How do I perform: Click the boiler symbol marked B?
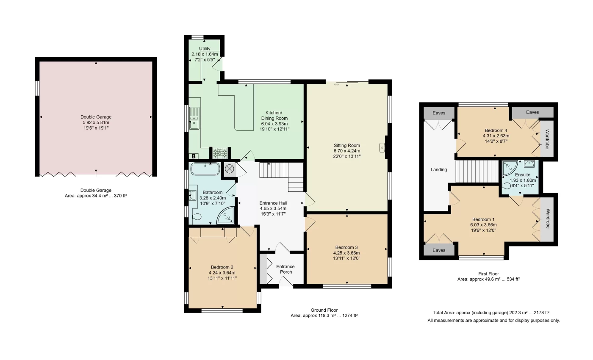194,156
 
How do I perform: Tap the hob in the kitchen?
220,153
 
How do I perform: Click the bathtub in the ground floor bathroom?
205,169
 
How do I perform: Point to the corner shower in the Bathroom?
226,215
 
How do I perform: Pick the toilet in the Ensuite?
506,186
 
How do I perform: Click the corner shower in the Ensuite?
509,168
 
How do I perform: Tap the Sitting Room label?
347,145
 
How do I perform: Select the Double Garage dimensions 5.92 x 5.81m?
96,122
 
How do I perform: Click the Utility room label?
205,49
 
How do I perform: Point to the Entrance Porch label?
285,269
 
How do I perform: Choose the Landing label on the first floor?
439,170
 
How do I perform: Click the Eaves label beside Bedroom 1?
439,250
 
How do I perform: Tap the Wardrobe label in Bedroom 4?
547,139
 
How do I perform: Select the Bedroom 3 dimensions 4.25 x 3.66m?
346,253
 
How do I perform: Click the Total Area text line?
491,313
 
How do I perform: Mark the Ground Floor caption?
324,310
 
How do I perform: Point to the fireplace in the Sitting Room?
382,147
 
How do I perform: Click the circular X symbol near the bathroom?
229,169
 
